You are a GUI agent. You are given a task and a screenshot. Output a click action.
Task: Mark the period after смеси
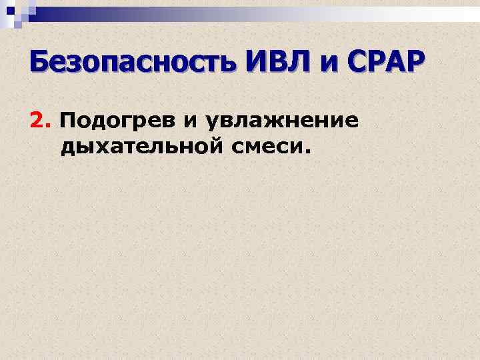tap(307, 151)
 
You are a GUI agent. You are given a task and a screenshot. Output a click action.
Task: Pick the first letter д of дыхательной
tap(67, 148)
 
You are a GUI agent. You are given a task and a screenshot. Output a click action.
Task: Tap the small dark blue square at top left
tap(11, 9)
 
